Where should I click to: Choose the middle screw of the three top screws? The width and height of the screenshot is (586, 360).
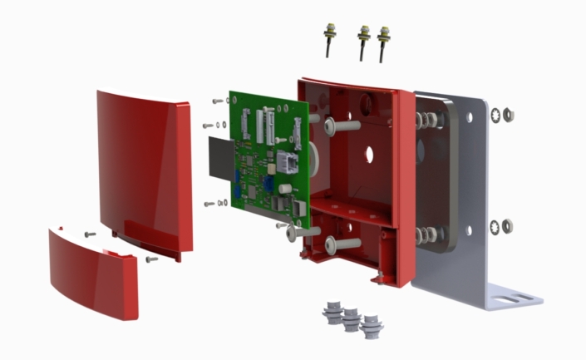tap(363, 39)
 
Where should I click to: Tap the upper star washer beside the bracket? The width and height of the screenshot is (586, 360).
tap(496, 114)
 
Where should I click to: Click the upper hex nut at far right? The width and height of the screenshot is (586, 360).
tap(509, 114)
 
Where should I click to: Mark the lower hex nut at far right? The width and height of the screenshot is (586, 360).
tap(508, 225)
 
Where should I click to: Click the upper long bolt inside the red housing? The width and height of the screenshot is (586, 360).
tap(341, 126)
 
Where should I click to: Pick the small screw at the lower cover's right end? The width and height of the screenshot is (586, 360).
tap(151, 259)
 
